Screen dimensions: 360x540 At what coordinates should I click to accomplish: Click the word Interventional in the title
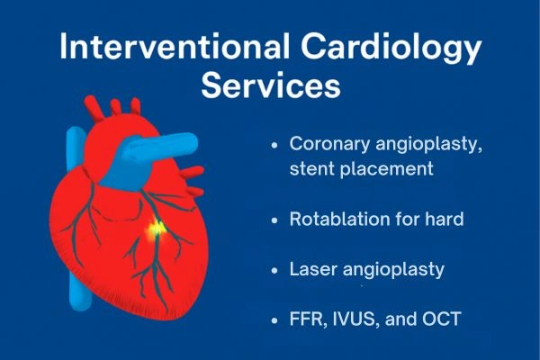point(171,47)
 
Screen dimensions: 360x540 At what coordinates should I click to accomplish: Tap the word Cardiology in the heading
point(386,47)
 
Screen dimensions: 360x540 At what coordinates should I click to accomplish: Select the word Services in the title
point(270,88)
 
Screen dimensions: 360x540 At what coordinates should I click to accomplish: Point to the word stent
point(310,167)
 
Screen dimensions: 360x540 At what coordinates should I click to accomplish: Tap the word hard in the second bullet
point(443,219)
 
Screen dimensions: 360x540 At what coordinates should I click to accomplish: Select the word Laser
point(311,269)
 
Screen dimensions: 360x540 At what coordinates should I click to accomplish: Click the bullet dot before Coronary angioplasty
point(274,145)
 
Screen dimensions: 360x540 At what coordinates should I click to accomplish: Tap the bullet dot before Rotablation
point(274,220)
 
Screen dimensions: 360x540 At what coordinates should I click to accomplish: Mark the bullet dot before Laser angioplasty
point(274,269)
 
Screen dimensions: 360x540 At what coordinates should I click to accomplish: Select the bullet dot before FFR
point(274,319)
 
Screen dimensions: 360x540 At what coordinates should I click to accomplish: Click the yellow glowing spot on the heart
point(157,230)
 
